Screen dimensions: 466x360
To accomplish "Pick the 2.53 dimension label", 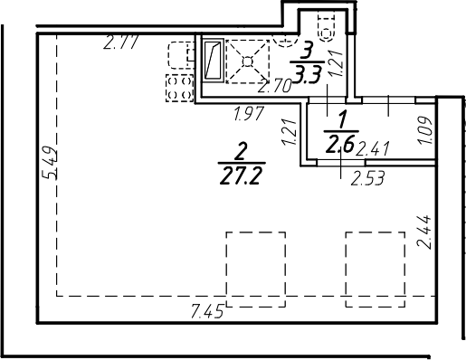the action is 368,177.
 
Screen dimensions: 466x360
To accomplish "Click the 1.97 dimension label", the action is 249,115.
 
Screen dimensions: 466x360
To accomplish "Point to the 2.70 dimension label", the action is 275,88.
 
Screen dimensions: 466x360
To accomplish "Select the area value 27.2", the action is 241,174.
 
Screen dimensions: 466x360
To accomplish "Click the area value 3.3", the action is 309,75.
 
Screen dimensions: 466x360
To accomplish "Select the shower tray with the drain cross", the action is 247,61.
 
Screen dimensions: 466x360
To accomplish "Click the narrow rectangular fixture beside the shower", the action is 212,62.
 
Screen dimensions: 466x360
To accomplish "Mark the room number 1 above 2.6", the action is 342,118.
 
